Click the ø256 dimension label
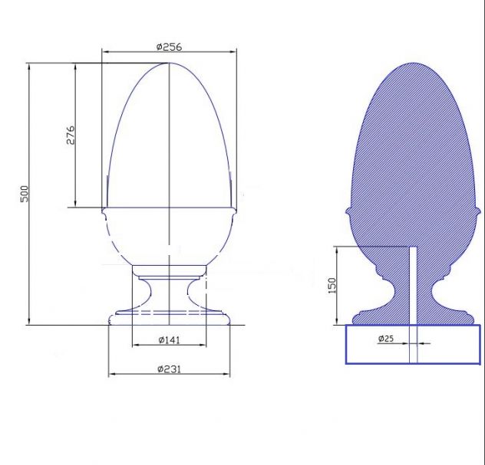[x=169, y=47]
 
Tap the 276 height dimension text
[x=71, y=135]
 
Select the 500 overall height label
[x=25, y=194]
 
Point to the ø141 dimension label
[x=169, y=340]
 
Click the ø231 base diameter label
[x=169, y=369]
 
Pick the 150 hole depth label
[x=332, y=286]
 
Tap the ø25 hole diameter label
[x=386, y=339]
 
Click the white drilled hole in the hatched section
[x=413, y=285]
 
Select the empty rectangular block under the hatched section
[x=413, y=344]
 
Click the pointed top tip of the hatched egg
[x=413, y=64]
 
